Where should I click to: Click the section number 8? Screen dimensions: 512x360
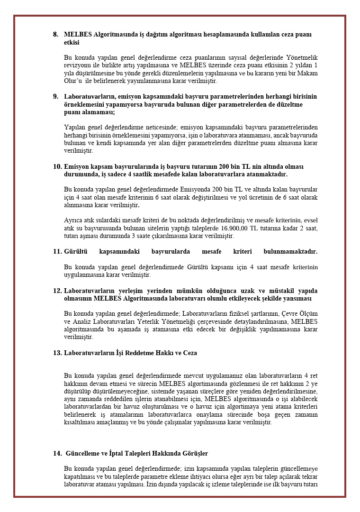(55, 35)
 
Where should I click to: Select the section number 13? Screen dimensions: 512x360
(57, 353)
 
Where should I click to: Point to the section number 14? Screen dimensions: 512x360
(57, 454)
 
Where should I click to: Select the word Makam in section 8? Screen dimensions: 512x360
(306, 73)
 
